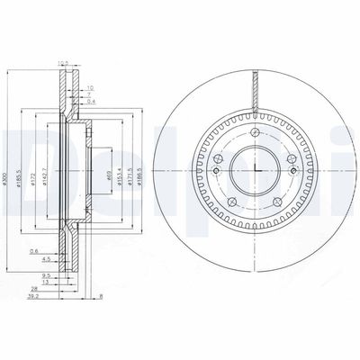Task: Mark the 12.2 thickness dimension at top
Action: pyautogui.click(x=63, y=64)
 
